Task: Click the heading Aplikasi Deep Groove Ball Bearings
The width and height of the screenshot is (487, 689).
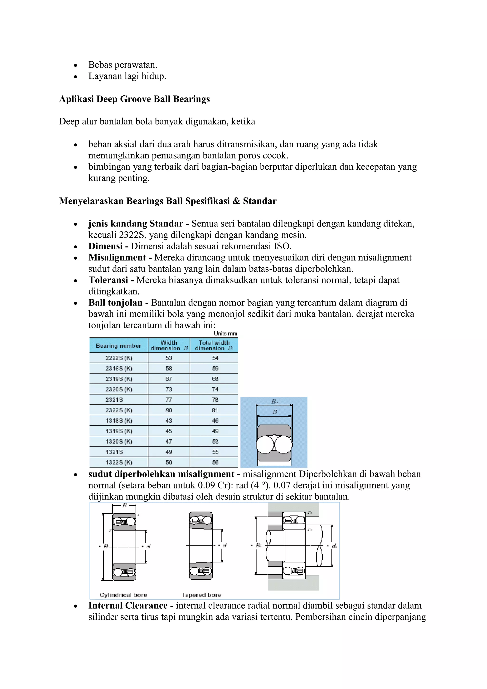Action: tap(134, 99)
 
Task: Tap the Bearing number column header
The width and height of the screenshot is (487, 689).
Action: tap(118, 346)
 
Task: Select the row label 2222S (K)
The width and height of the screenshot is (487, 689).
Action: tap(119, 358)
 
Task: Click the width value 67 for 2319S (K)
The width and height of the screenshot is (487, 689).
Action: tap(169, 379)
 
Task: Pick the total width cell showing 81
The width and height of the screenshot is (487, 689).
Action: tap(215, 410)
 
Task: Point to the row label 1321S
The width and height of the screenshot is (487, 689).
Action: tap(114, 452)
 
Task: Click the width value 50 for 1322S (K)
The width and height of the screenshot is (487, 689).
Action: tap(169, 463)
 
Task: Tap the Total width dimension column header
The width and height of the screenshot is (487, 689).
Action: tap(214, 345)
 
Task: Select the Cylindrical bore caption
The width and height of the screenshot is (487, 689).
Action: tap(123, 595)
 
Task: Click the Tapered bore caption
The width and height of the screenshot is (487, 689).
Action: tap(201, 595)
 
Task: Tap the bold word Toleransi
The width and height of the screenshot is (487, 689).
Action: tap(108, 280)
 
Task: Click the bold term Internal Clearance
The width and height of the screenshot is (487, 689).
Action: tap(128, 605)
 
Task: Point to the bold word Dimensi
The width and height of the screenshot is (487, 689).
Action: tap(106, 246)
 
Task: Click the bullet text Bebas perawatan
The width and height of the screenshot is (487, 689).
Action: tap(123, 65)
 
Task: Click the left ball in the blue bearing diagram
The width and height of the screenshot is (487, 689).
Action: tap(265, 444)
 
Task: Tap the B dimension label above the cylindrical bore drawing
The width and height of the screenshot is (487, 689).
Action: tap(124, 505)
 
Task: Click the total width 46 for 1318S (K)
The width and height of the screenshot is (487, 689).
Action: tap(215, 421)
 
